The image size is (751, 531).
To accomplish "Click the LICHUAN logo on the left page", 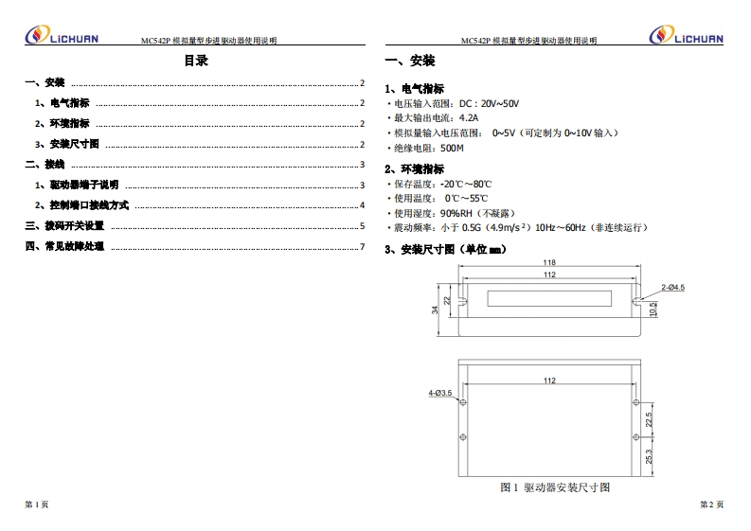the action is point(62,35).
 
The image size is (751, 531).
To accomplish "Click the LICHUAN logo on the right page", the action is point(686,35).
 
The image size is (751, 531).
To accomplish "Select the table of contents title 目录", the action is point(196,61).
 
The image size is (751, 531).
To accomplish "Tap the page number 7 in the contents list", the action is point(362,247).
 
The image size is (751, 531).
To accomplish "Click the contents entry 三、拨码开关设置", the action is point(64,226).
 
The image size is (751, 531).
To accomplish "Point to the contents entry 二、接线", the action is point(45,165).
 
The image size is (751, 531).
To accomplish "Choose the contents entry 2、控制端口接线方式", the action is point(81,205).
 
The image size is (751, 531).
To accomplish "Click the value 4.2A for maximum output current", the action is point(469,117).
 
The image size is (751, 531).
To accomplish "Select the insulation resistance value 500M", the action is point(452,149).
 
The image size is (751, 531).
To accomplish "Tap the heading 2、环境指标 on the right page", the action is point(414,169).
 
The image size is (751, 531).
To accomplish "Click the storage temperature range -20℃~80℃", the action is point(466,185).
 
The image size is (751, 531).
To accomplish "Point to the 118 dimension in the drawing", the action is point(549,262).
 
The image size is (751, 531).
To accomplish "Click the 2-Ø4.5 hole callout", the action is point(673,288).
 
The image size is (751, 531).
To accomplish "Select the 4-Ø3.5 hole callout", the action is point(440,393).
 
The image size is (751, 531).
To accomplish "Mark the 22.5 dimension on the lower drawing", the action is point(649,420).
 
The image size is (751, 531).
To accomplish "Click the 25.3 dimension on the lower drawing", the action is point(649,456).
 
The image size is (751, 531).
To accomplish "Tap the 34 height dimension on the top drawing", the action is point(435,310).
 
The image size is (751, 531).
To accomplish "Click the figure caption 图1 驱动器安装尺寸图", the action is point(555,487).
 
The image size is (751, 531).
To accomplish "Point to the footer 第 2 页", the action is point(712,504).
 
